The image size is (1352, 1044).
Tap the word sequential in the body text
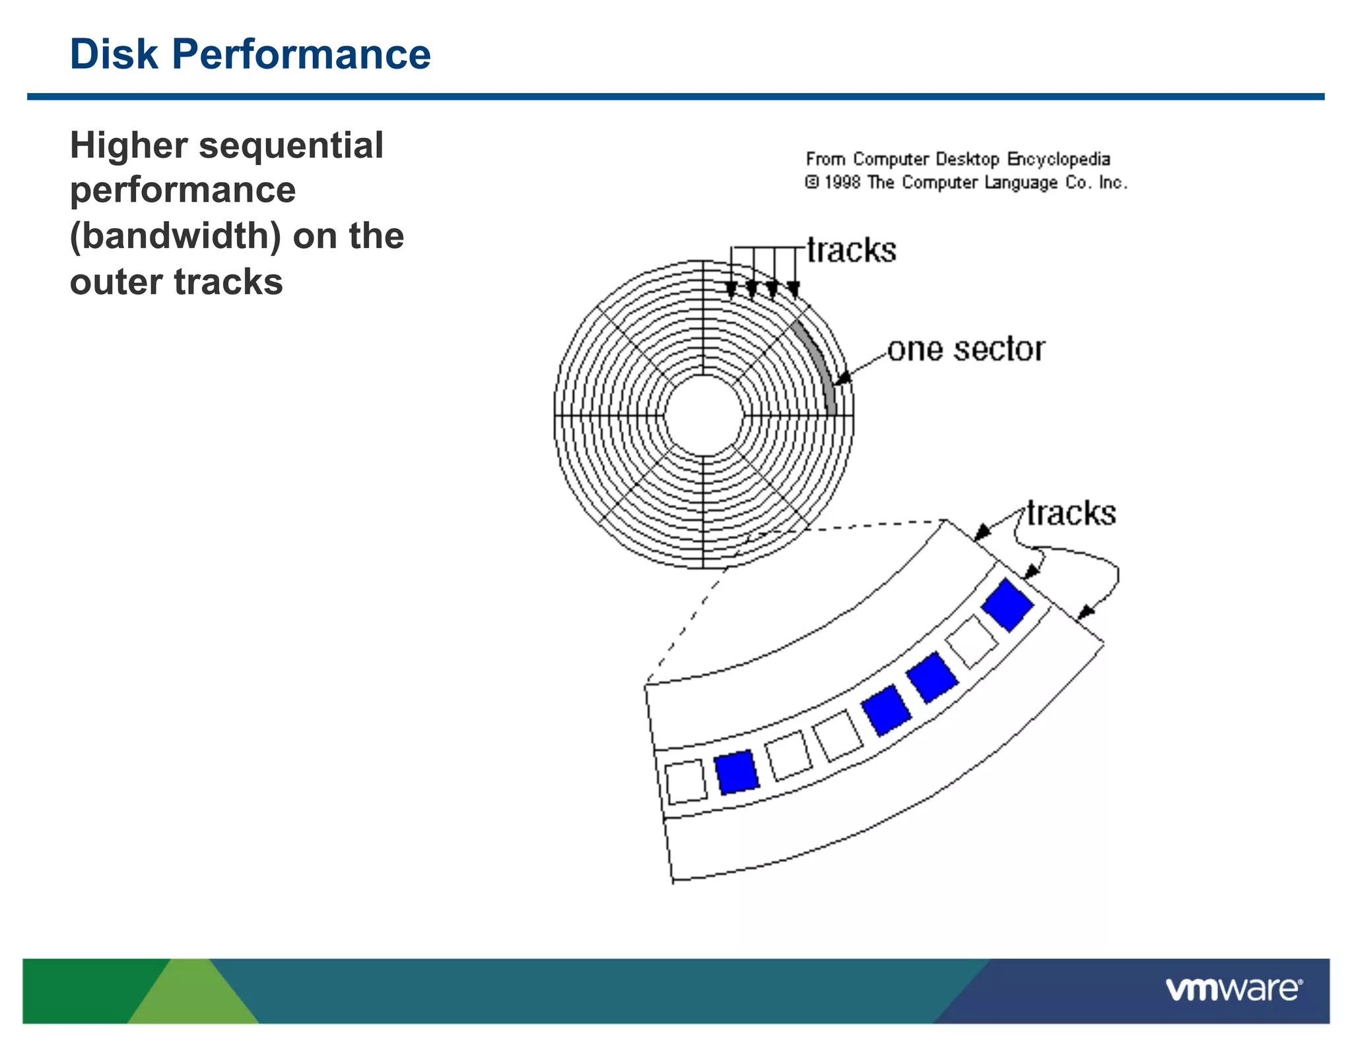point(290,145)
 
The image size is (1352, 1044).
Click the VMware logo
point(1233,989)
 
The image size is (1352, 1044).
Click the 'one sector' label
point(966,349)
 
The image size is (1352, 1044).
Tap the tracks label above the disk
point(852,250)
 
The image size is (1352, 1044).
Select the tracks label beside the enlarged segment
point(1071,513)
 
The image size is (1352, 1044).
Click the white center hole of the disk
point(704,415)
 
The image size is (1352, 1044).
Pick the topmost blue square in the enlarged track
point(1007,604)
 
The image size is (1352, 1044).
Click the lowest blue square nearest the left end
point(737,771)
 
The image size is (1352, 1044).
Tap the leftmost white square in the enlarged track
point(685,781)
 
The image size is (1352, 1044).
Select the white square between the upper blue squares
point(971,641)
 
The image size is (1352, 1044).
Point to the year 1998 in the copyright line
point(842,182)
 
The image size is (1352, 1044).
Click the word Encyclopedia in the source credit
point(1058,159)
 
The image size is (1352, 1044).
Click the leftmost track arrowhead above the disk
point(731,291)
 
